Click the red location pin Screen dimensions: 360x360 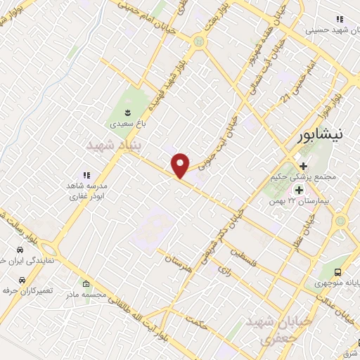[x=181, y=165]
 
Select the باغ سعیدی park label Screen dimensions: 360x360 [x=126, y=124]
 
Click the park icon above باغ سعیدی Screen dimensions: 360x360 [x=127, y=112]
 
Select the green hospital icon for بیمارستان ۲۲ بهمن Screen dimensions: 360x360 [x=299, y=190]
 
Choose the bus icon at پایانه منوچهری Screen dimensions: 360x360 [x=340, y=272]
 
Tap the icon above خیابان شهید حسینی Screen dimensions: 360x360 [x=340, y=19]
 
